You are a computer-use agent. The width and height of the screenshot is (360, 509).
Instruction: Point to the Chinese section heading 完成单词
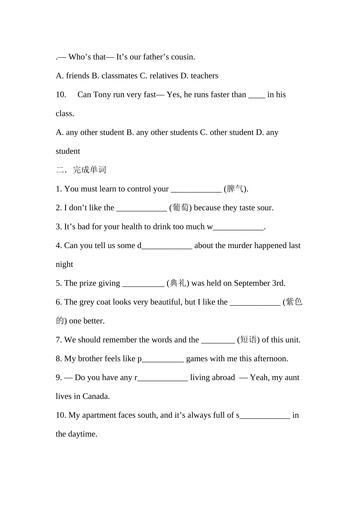coord(89,170)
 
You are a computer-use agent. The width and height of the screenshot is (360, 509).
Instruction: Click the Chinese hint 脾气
coord(235,189)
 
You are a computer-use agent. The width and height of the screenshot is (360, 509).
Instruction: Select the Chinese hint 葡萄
coord(180,208)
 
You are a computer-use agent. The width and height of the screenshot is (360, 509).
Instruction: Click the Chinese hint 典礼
coord(178,283)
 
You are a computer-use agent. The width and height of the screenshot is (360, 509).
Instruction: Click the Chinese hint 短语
coord(249,340)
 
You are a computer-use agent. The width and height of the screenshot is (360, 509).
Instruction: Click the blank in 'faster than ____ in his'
coord(257,96)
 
